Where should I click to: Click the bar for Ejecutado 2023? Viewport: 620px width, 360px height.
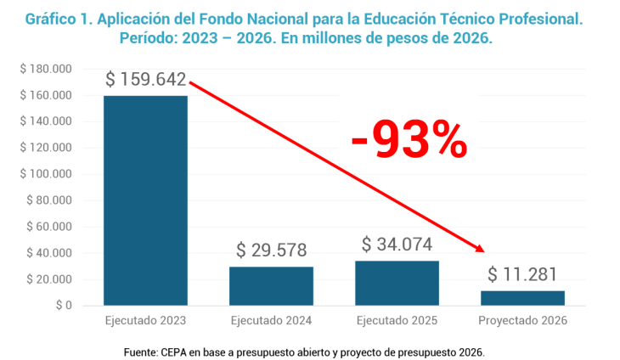pyautogui.click(x=145, y=200)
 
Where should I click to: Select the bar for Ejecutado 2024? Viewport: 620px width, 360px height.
pyautogui.click(x=271, y=286)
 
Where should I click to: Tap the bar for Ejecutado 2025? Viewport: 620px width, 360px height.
pyautogui.click(x=397, y=284)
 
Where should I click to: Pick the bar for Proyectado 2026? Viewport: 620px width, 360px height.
pyautogui.click(x=522, y=298)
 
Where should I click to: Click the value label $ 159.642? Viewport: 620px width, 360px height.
pyautogui.click(x=145, y=79)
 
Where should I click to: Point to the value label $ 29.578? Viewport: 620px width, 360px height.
pyautogui.click(x=271, y=250)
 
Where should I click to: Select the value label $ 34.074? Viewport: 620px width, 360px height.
pyautogui.click(x=397, y=245)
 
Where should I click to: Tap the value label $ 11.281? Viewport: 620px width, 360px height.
pyautogui.click(x=522, y=275)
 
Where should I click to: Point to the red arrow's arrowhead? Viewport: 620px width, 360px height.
pyautogui.click(x=480, y=249)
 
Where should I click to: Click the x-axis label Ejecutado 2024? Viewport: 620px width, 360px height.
pyautogui.click(x=271, y=321)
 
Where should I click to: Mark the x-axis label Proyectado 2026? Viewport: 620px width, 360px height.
pyautogui.click(x=522, y=321)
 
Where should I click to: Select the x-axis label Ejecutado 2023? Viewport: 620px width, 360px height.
pyautogui.click(x=145, y=321)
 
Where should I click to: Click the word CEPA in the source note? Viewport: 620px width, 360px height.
pyautogui.click(x=175, y=351)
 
